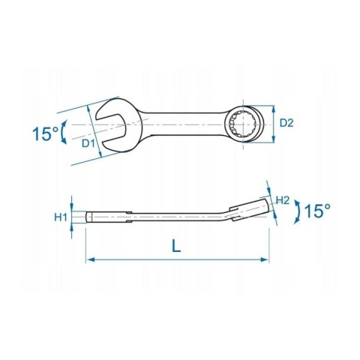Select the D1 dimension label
88,142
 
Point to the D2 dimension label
286,121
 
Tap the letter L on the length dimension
175,246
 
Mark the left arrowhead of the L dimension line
91,259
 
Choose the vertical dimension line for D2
274,121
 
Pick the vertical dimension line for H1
73,217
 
